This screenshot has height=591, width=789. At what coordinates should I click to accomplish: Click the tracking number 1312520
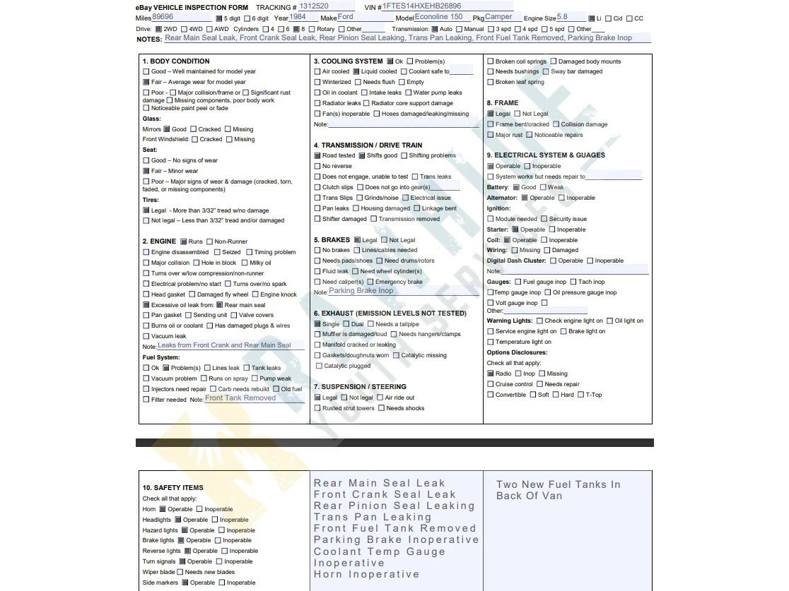click(314, 6)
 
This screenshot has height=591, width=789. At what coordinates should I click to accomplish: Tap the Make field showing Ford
click(346, 17)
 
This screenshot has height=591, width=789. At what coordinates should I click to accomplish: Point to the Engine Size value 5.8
click(562, 17)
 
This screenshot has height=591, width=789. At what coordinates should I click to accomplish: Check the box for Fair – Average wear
click(146, 82)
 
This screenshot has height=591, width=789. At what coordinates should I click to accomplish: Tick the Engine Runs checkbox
click(184, 241)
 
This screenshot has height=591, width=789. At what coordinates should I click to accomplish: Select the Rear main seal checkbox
click(220, 305)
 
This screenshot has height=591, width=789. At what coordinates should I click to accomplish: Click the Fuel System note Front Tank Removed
click(240, 398)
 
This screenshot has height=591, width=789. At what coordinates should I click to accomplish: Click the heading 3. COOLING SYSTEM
click(348, 61)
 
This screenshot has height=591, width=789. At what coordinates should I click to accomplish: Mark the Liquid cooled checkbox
click(356, 71)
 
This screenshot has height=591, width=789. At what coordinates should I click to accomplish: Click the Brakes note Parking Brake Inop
click(361, 291)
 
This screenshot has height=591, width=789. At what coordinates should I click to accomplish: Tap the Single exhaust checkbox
click(317, 324)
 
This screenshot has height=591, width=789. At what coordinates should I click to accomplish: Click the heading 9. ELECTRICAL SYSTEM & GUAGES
click(546, 155)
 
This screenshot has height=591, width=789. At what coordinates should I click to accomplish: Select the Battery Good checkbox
click(516, 187)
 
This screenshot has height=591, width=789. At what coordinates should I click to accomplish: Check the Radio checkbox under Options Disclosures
click(490, 374)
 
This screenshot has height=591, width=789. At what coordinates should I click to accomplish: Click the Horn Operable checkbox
click(162, 509)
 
